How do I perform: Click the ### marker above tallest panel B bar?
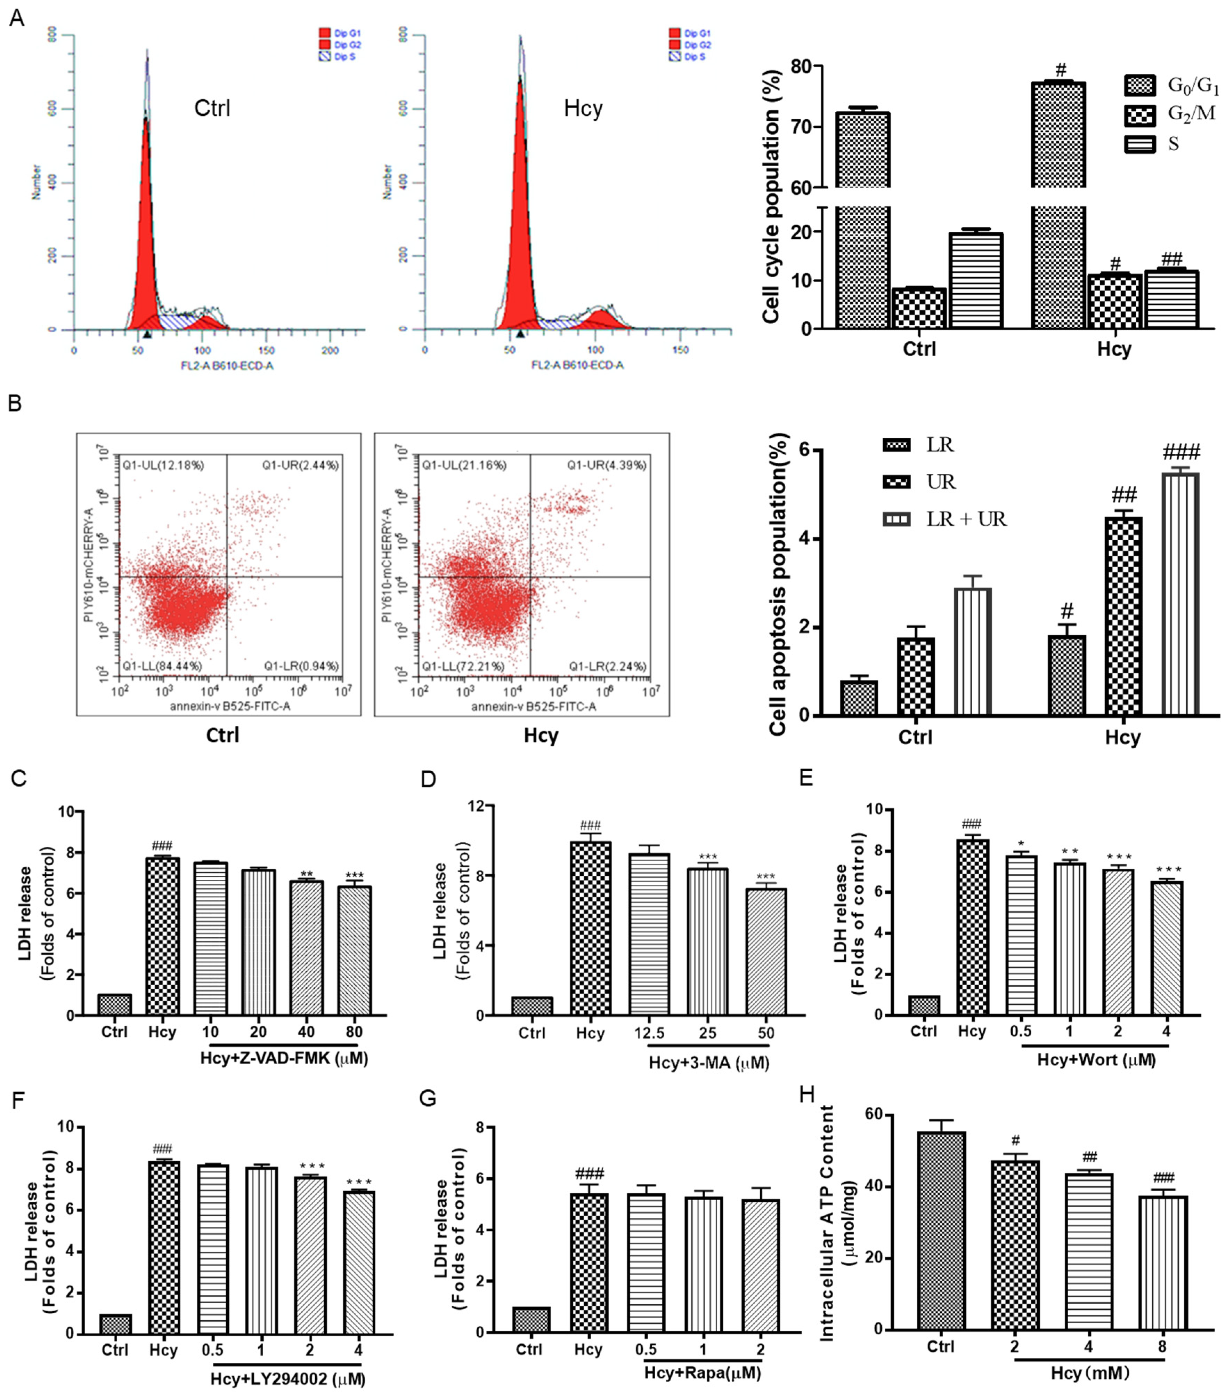click(x=1181, y=452)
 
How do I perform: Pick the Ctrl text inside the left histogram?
click(x=212, y=108)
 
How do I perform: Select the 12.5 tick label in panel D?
click(x=649, y=1033)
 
